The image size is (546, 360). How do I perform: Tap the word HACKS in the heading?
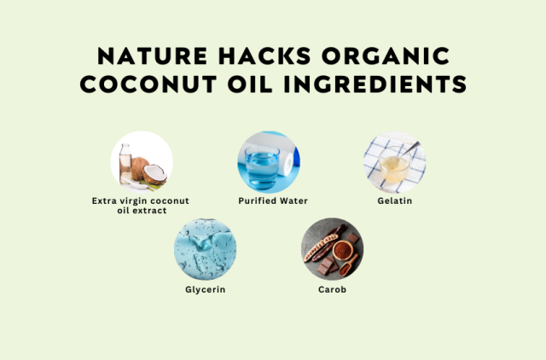coord(264,56)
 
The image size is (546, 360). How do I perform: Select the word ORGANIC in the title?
coord(386,56)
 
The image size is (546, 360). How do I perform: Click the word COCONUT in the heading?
coord(148,84)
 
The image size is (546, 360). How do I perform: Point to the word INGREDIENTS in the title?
coord(375,84)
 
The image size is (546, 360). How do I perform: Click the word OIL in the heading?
coord(250,84)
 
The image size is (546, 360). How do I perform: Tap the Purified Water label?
coord(273,200)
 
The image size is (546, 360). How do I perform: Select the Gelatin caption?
coord(395,200)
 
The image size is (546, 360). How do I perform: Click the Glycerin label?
coord(206,290)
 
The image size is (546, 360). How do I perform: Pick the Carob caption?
coord(332,290)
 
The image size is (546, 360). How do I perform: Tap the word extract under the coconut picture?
coord(150,211)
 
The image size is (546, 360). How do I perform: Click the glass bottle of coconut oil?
coord(125,163)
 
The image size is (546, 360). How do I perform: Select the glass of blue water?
coord(262,167)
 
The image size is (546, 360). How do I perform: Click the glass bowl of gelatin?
coord(395,165)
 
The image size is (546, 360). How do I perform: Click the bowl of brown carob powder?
coord(341,250)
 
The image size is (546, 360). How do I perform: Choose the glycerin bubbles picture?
coord(205,249)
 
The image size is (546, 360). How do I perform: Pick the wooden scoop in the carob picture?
coord(349,265)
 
